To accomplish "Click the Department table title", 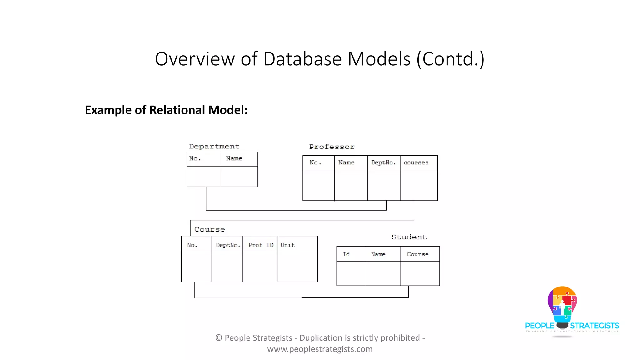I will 214,146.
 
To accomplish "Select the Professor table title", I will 332,147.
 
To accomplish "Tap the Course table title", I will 209,229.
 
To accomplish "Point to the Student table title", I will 409,237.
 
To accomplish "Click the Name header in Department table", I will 234,158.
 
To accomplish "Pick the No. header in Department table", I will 195,158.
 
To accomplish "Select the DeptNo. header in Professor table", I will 383,162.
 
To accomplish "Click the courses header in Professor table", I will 416,162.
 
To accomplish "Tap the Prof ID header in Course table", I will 261,245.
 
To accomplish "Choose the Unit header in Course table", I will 287,245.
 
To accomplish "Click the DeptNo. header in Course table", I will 228,245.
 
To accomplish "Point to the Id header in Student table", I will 346,254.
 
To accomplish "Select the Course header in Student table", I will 417,254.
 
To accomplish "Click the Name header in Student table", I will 378,254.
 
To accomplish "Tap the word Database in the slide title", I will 302,59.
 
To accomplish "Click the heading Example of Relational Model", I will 166,110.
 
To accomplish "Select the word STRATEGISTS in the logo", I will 594,326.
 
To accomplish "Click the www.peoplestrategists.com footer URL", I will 320,349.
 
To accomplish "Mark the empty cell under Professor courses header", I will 419,186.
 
